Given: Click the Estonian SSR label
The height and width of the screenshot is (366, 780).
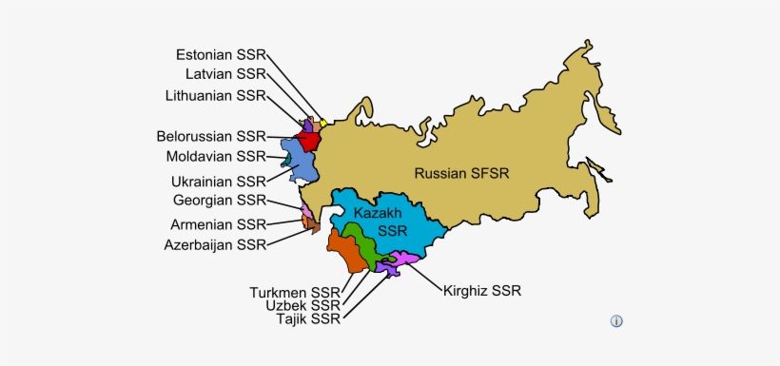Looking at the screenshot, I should (221, 54).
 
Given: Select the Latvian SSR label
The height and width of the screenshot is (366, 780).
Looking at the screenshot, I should (225, 74).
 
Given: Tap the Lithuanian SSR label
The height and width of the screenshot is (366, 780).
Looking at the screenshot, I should (215, 96).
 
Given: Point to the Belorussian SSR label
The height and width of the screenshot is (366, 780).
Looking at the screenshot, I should (212, 136).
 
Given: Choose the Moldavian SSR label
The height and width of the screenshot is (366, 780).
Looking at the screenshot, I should (216, 156).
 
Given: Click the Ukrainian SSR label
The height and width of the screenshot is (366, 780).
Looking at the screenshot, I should (219, 181).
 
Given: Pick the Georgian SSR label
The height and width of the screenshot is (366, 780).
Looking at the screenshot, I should (220, 201).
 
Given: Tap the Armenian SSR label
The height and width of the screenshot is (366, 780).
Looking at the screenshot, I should (218, 224).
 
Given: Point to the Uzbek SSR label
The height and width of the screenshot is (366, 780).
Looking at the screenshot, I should (303, 305).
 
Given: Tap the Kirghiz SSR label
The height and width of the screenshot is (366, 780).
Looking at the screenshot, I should (482, 290).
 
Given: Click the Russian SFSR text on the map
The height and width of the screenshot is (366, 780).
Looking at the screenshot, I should (461, 173).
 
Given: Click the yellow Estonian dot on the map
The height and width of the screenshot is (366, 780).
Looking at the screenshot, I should (323, 123).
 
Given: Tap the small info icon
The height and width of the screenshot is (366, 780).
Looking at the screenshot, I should (616, 321).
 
